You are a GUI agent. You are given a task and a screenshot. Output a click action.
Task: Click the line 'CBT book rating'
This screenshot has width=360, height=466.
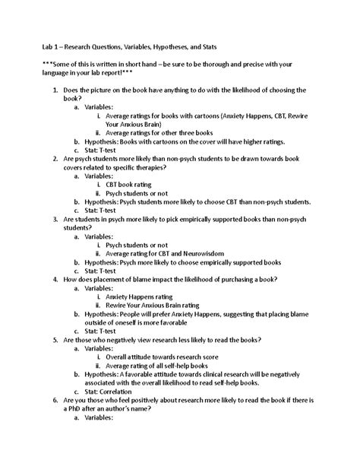[131, 184]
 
